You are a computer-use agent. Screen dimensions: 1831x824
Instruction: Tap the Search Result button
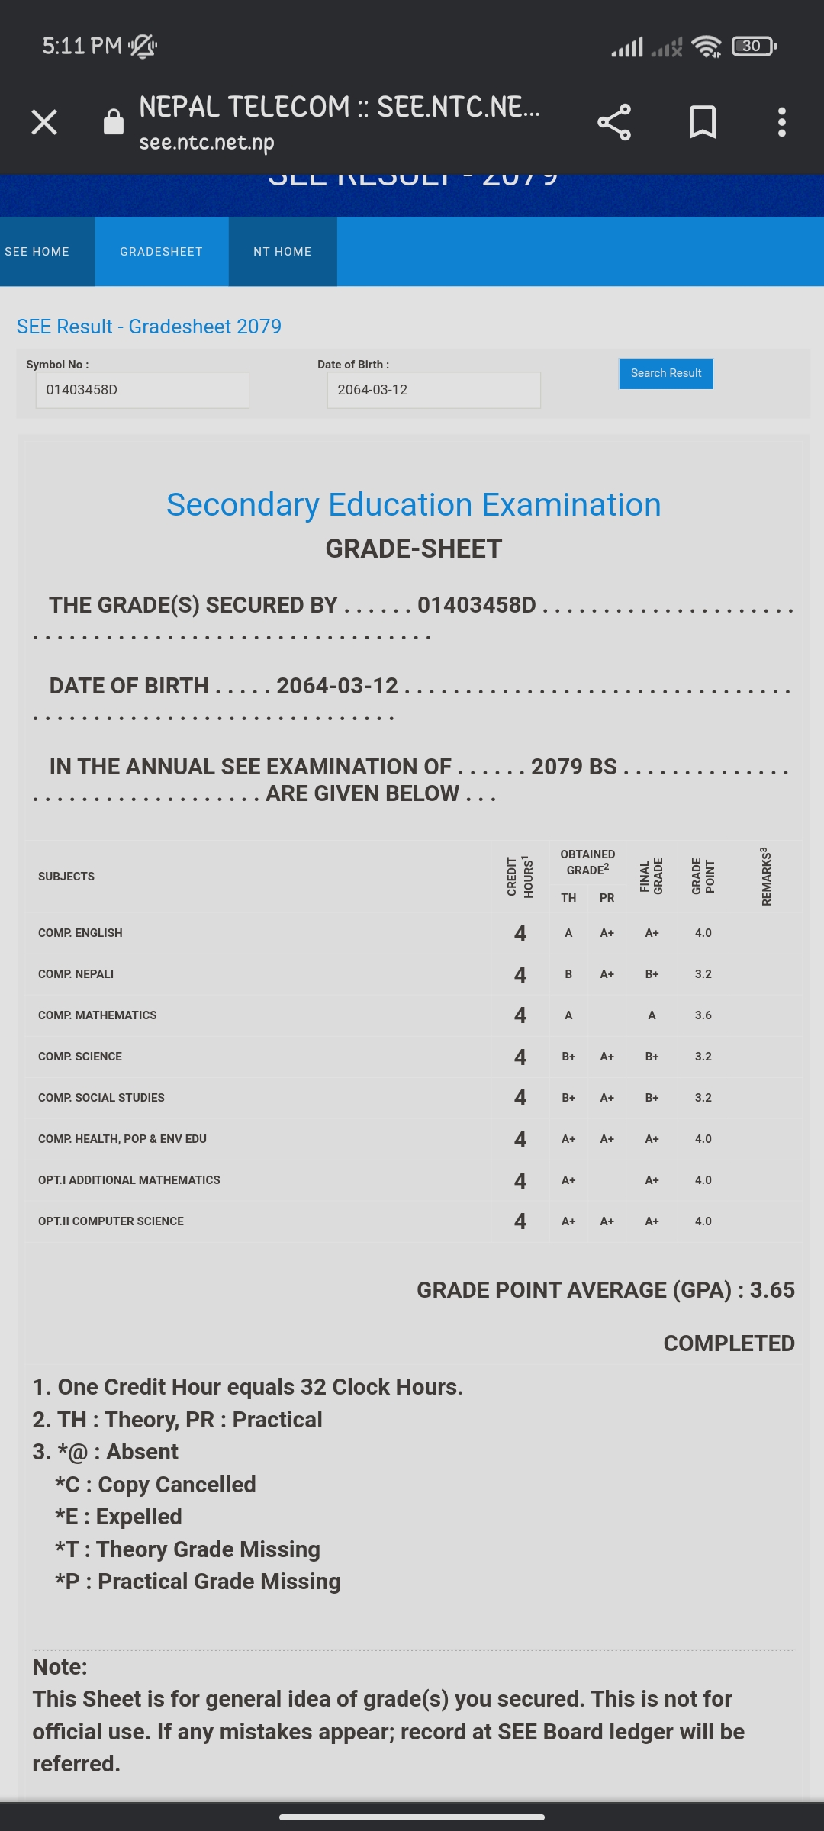click(x=665, y=373)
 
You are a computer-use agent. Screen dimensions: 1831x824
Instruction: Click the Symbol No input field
click(x=142, y=390)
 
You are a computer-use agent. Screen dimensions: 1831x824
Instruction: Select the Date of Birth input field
click(x=433, y=390)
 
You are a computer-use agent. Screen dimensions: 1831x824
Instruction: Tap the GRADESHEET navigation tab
click(x=161, y=252)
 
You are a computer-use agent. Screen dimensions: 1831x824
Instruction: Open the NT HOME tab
click(x=282, y=252)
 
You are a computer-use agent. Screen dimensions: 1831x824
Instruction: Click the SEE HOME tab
click(x=38, y=252)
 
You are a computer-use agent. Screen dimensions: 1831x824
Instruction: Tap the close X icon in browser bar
click(x=44, y=122)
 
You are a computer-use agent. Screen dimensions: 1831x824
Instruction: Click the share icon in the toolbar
click(x=614, y=122)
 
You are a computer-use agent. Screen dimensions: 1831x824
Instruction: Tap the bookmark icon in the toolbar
click(x=702, y=122)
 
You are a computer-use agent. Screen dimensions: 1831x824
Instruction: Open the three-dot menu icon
click(x=781, y=122)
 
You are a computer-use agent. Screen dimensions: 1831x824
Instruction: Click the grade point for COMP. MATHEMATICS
click(x=703, y=1015)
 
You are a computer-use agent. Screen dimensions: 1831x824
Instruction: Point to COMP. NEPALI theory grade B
click(x=568, y=974)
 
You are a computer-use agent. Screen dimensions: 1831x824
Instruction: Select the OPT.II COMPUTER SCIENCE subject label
click(x=111, y=1221)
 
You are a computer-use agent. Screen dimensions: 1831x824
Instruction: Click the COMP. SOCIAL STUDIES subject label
click(x=101, y=1098)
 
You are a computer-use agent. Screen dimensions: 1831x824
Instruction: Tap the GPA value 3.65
click(x=771, y=1290)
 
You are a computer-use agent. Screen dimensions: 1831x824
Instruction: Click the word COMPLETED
click(x=729, y=1343)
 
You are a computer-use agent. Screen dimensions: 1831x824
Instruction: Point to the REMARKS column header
click(x=766, y=877)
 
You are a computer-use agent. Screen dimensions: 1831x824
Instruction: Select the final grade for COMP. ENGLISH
click(x=652, y=933)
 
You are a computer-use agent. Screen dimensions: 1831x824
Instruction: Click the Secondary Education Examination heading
click(x=414, y=505)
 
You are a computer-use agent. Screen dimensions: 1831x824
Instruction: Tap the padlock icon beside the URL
click(x=114, y=122)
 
